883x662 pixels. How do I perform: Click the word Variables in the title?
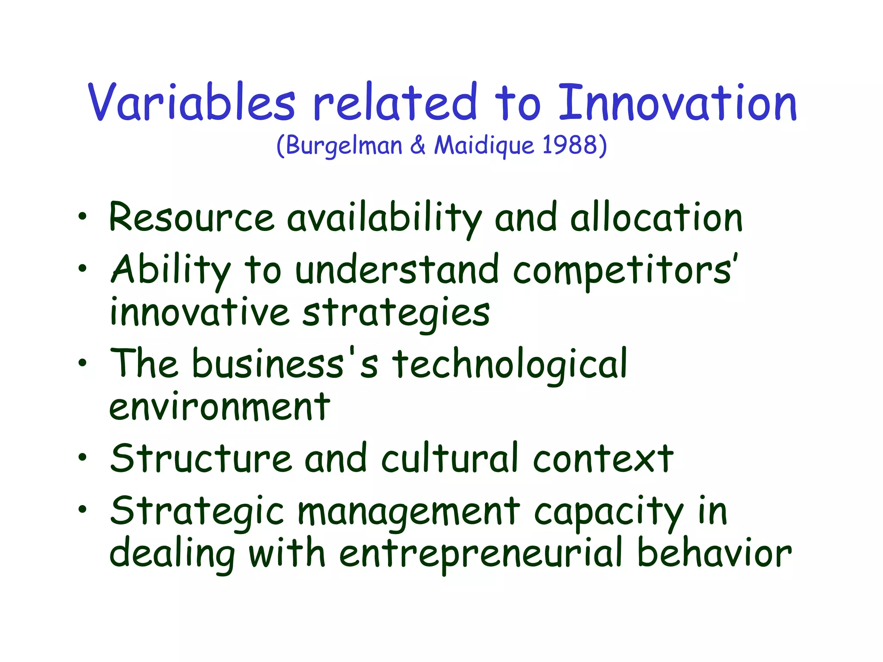click(x=192, y=102)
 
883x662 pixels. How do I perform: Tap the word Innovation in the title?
click(x=677, y=102)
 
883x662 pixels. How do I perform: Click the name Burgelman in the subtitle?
click(x=344, y=146)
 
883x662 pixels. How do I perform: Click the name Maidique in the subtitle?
click(x=484, y=146)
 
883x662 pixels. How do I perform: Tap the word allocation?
click(x=656, y=218)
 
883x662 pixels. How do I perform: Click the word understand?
click(x=397, y=270)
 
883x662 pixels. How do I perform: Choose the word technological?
click(x=510, y=365)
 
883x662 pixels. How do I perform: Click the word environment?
click(x=220, y=407)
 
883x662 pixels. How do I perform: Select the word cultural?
click(x=450, y=458)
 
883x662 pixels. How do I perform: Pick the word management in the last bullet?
click(x=409, y=512)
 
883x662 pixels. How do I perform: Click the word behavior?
click(x=714, y=553)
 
